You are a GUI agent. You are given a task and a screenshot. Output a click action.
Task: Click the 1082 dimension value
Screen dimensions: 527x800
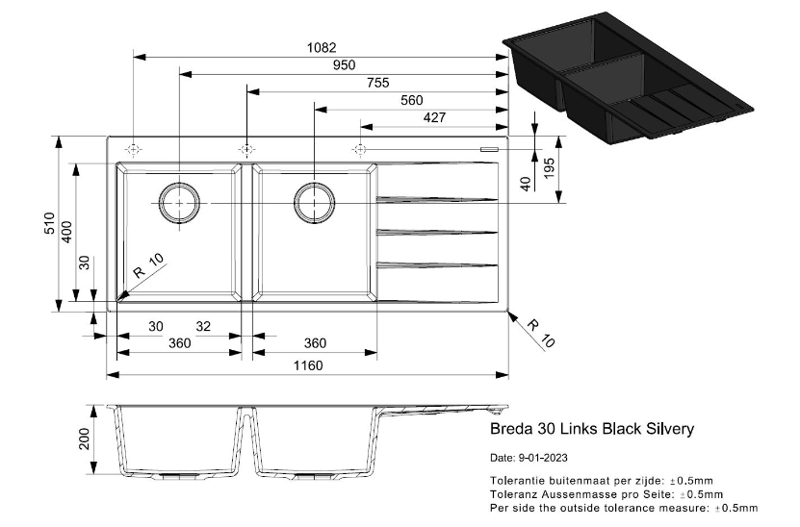click(x=322, y=47)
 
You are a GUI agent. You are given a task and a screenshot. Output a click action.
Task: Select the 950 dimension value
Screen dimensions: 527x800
click(x=344, y=64)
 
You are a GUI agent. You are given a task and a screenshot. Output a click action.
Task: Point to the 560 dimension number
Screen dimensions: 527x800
click(x=411, y=101)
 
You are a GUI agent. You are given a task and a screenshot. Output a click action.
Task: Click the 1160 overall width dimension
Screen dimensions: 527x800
click(x=308, y=364)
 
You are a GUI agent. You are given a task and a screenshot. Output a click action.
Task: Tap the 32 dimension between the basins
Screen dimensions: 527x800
click(x=203, y=326)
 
